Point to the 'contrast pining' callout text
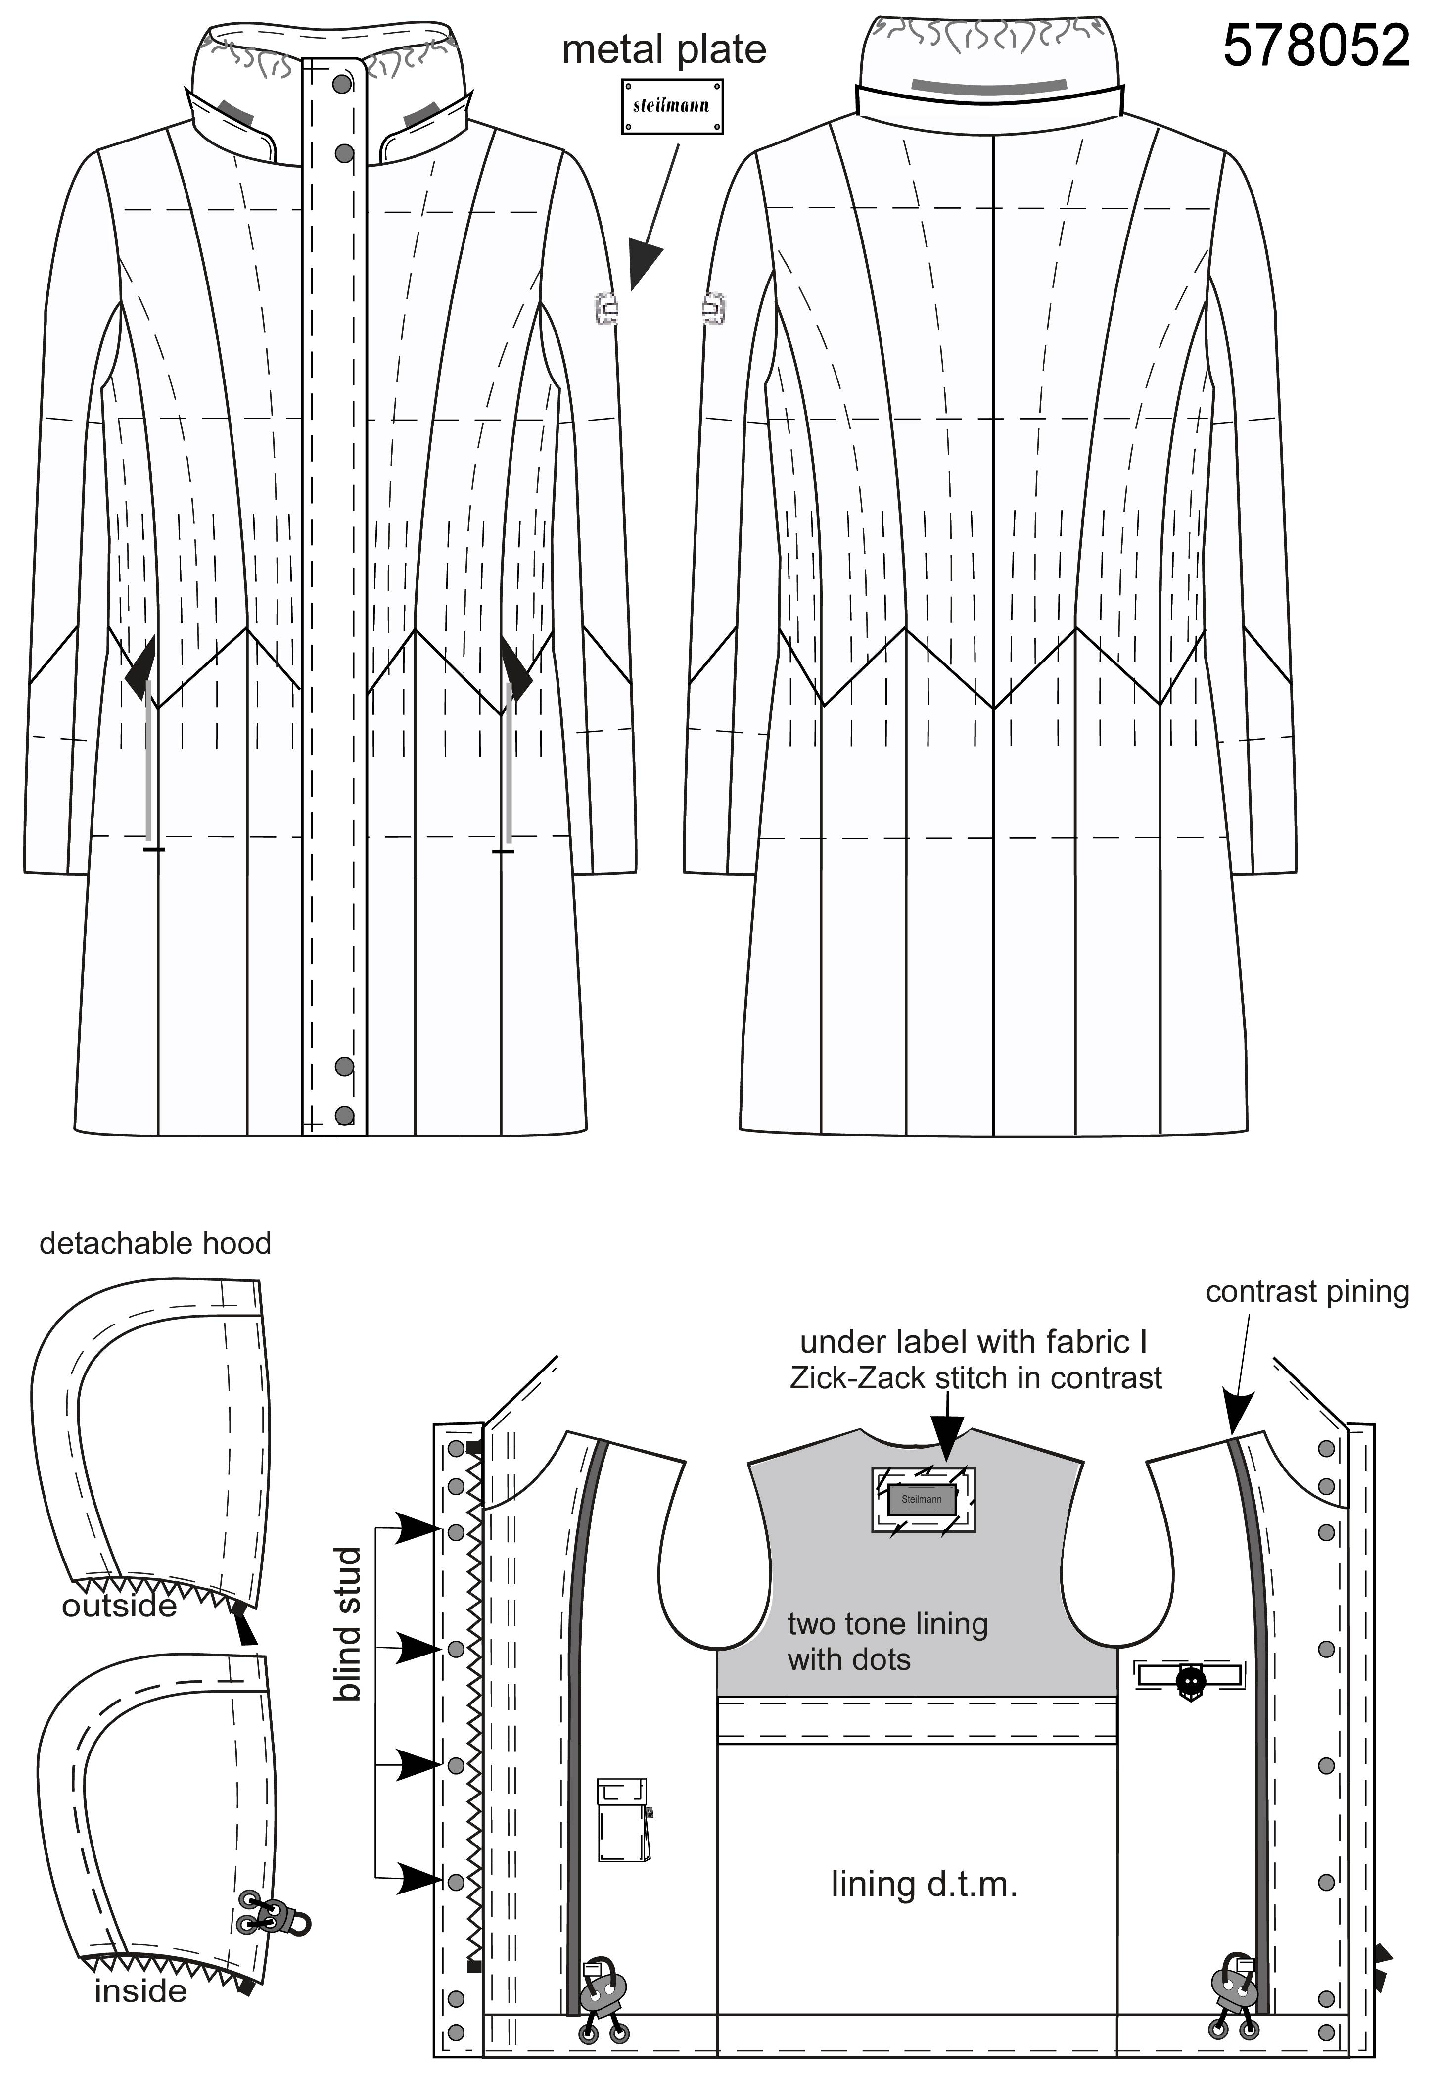pos(1307,1292)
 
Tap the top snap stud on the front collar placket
pos(342,84)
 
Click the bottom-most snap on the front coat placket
pos(343,1116)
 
